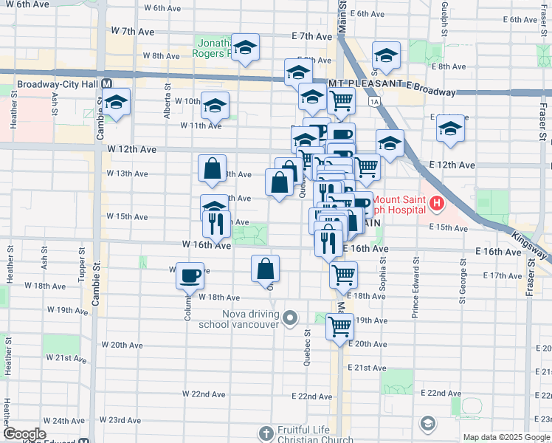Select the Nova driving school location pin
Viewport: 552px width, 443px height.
pyautogui.click(x=291, y=319)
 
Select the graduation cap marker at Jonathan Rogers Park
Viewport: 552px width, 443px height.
pyautogui.click(x=244, y=49)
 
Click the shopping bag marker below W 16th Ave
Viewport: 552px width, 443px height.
pyautogui.click(x=266, y=269)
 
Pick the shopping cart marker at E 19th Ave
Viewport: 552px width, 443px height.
pyautogui.click(x=339, y=326)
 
